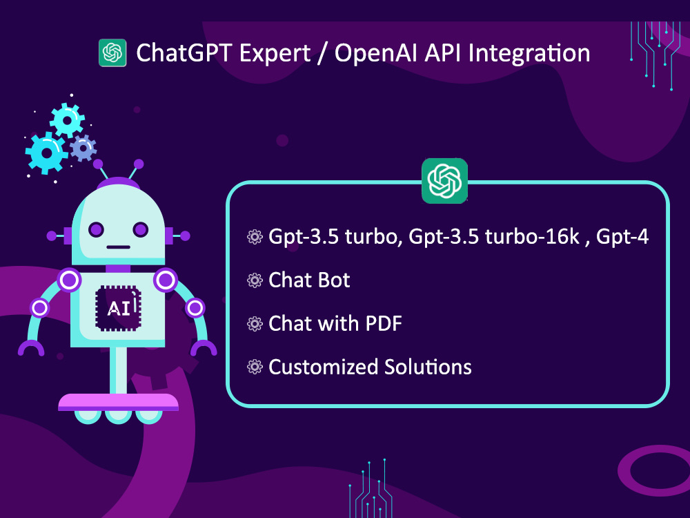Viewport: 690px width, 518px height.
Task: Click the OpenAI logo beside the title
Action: point(112,53)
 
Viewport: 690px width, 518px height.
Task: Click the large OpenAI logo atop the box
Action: point(444,181)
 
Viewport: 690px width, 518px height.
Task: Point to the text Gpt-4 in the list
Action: point(622,237)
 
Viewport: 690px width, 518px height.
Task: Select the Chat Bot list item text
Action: point(309,280)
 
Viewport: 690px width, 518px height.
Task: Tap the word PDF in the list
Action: point(380,323)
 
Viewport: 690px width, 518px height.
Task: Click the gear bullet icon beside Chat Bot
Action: point(255,280)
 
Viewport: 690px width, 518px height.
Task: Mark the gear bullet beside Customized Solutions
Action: point(255,367)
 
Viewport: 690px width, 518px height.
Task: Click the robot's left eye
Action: point(96,229)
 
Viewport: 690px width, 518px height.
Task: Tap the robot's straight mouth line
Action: point(119,247)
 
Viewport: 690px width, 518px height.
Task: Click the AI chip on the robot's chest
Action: point(119,307)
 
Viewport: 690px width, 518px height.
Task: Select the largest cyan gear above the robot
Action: point(46,152)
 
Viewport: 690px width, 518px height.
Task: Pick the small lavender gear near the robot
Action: point(83,147)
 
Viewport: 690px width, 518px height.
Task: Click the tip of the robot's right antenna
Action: point(139,164)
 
